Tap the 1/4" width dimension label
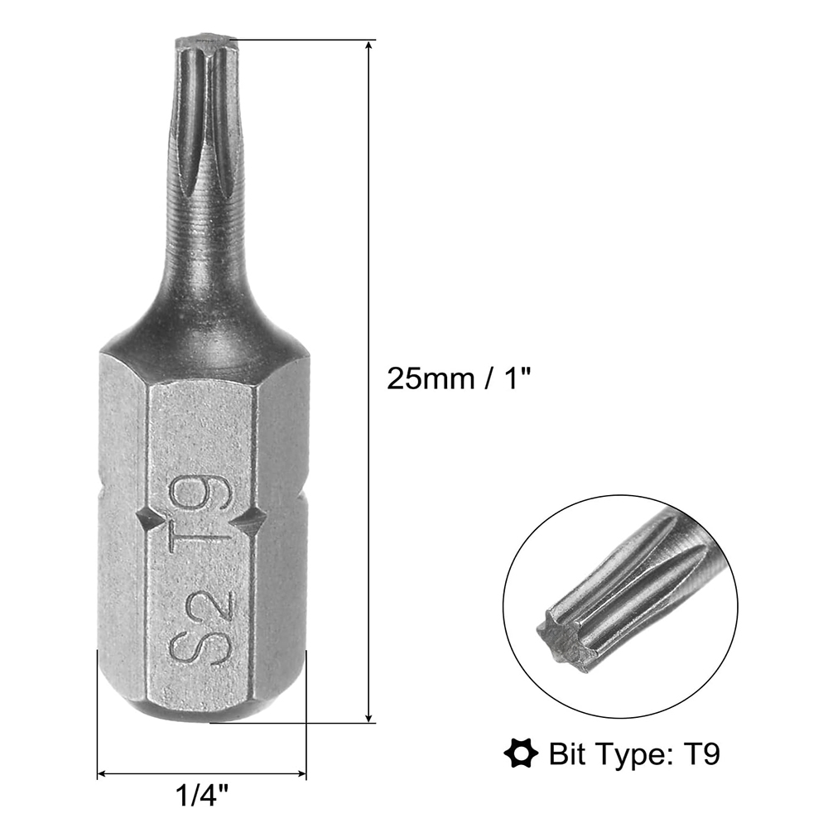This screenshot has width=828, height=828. [x=202, y=795]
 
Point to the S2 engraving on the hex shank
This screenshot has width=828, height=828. [x=201, y=626]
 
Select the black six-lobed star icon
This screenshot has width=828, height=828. [x=521, y=753]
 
